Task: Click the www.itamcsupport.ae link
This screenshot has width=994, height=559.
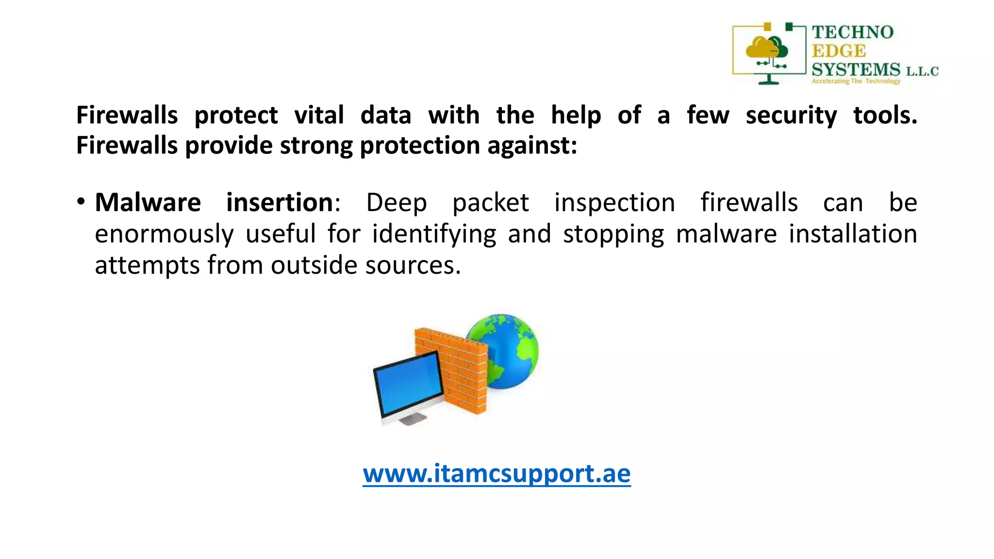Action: [x=497, y=473]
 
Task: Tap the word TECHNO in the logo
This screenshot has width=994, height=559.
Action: [x=852, y=33]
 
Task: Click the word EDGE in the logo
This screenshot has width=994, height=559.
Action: [x=839, y=51]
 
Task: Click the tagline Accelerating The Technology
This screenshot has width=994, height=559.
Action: [x=856, y=81]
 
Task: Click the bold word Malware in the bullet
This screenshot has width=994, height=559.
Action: [x=148, y=202]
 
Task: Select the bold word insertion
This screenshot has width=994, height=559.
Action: [x=280, y=202]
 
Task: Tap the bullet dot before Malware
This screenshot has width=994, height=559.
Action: [x=81, y=201]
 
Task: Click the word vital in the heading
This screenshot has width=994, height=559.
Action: [x=319, y=115]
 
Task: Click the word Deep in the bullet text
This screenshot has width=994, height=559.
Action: [x=396, y=203]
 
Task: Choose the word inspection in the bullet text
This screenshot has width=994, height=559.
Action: [x=614, y=203]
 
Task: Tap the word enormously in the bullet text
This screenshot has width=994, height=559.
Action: [x=164, y=234]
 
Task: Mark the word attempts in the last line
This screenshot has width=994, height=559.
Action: [x=147, y=265]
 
